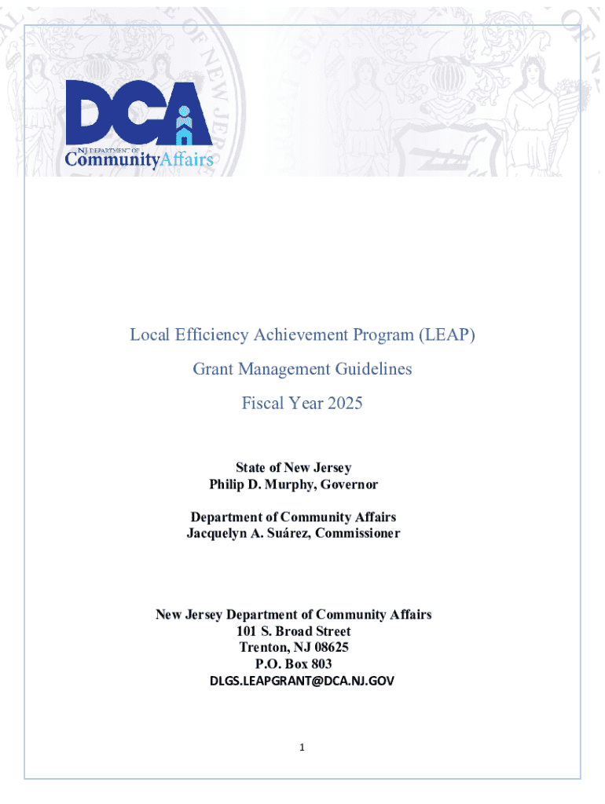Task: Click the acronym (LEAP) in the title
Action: [x=447, y=335]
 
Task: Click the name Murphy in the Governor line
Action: [x=285, y=484]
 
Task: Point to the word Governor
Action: [x=349, y=484]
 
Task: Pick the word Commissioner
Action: [x=361, y=533]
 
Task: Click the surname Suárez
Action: [x=297, y=533]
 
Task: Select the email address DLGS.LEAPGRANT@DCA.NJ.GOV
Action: [x=302, y=681]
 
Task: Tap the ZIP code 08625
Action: [x=329, y=648]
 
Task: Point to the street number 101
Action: [x=247, y=631]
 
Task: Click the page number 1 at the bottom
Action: [x=302, y=747]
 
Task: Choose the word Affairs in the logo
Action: [x=186, y=161]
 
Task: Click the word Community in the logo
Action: [x=111, y=161]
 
